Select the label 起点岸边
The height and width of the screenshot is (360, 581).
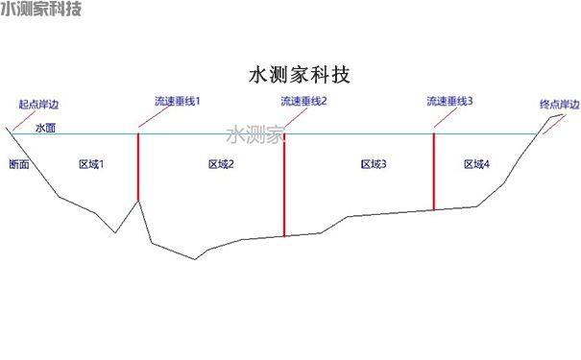44,104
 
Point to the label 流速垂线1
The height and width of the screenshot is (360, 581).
178,99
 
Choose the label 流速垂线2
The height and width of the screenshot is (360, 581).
304,99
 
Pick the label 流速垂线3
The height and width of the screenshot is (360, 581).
450,99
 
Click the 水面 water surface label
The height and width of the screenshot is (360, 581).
45,127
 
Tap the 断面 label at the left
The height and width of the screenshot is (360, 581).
18,164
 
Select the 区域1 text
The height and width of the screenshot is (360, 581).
91,164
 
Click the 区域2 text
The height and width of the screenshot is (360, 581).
222,164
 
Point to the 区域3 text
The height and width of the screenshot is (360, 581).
374,164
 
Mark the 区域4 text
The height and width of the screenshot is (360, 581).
476,164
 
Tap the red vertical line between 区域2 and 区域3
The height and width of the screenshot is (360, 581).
284,182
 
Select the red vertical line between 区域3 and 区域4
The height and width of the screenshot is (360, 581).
434,170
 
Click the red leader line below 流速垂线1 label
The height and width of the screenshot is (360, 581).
153,116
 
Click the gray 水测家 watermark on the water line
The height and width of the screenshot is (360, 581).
254,134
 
